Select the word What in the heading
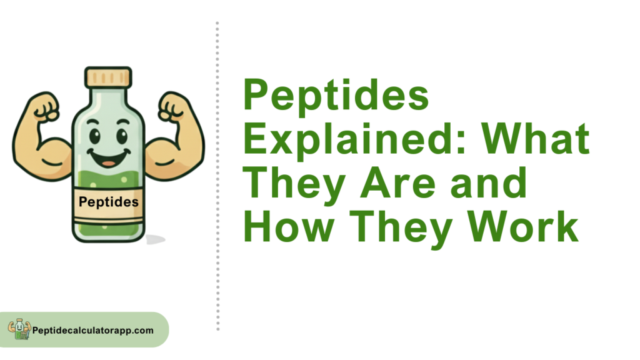tap(536, 139)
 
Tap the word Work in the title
tap(523, 227)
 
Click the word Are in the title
tap(398, 183)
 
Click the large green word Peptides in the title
tap(336, 96)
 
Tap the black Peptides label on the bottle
tap(109, 202)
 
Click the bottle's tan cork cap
tap(108, 77)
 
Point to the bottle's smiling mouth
tap(109, 158)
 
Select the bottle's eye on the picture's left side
tap(95, 136)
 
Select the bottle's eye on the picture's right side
tap(122, 136)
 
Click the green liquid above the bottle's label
tap(108, 179)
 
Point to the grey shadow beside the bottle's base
tap(155, 239)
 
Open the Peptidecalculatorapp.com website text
tap(93, 331)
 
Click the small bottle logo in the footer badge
tap(19, 329)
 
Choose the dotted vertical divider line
tap(217, 176)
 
